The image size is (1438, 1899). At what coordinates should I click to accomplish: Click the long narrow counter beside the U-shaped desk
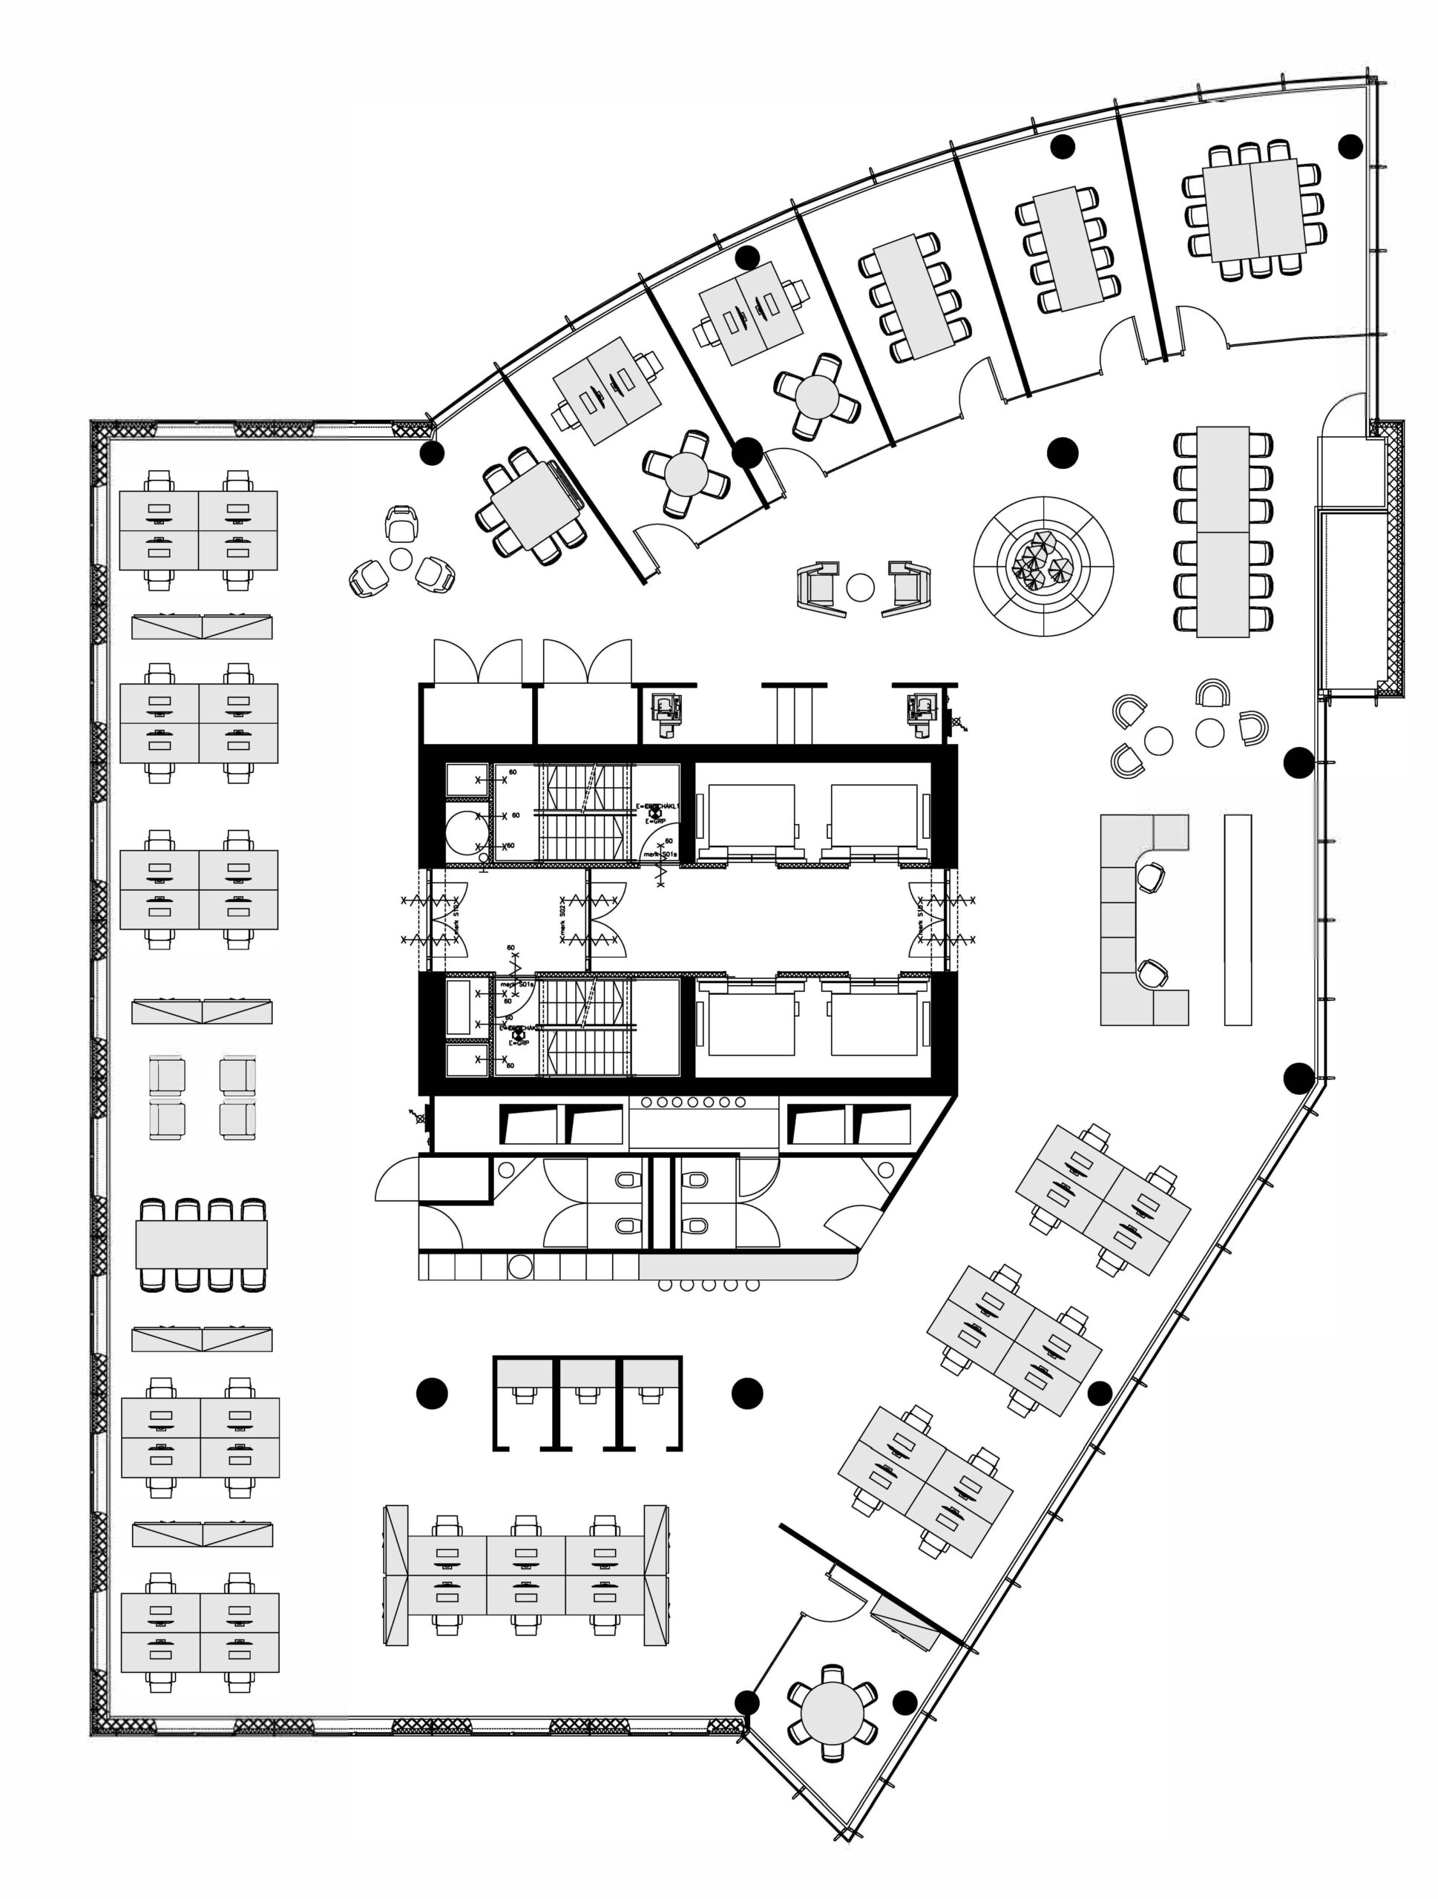[1237, 919]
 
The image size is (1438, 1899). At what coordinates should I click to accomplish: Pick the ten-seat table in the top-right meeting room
[1253, 211]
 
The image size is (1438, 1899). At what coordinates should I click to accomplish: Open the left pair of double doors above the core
[477, 662]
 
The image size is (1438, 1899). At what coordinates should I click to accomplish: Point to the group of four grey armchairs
[202, 1097]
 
